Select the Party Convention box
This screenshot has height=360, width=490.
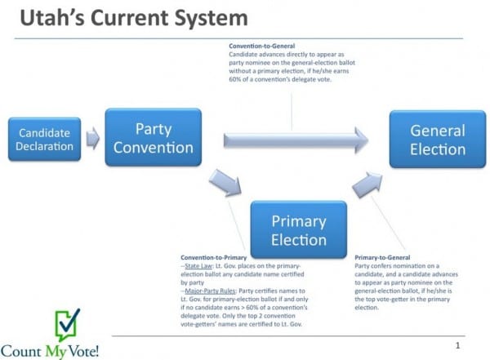[154, 138]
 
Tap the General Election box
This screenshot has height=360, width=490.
[437, 140]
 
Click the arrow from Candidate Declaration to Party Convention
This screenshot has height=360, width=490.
[93, 139]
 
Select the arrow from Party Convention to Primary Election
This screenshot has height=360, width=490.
[227, 181]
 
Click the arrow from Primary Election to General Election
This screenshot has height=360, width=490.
[367, 186]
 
